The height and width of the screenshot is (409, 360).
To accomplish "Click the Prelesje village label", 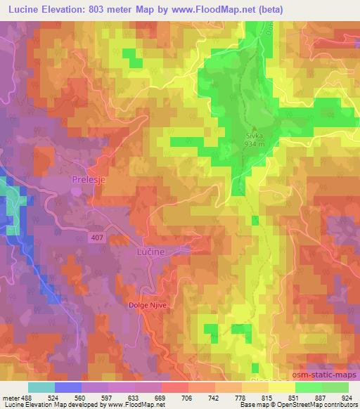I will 89,179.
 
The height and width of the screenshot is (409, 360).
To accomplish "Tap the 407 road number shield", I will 98,238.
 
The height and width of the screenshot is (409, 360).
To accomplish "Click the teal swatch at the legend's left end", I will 41,387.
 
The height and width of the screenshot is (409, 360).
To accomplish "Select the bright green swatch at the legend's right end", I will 335,387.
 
